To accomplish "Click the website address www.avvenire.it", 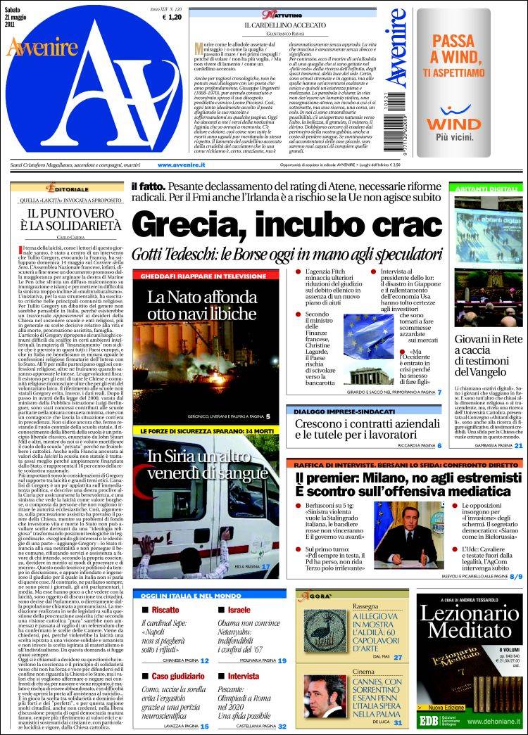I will (181, 165).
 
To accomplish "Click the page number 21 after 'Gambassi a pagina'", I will (517, 445).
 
